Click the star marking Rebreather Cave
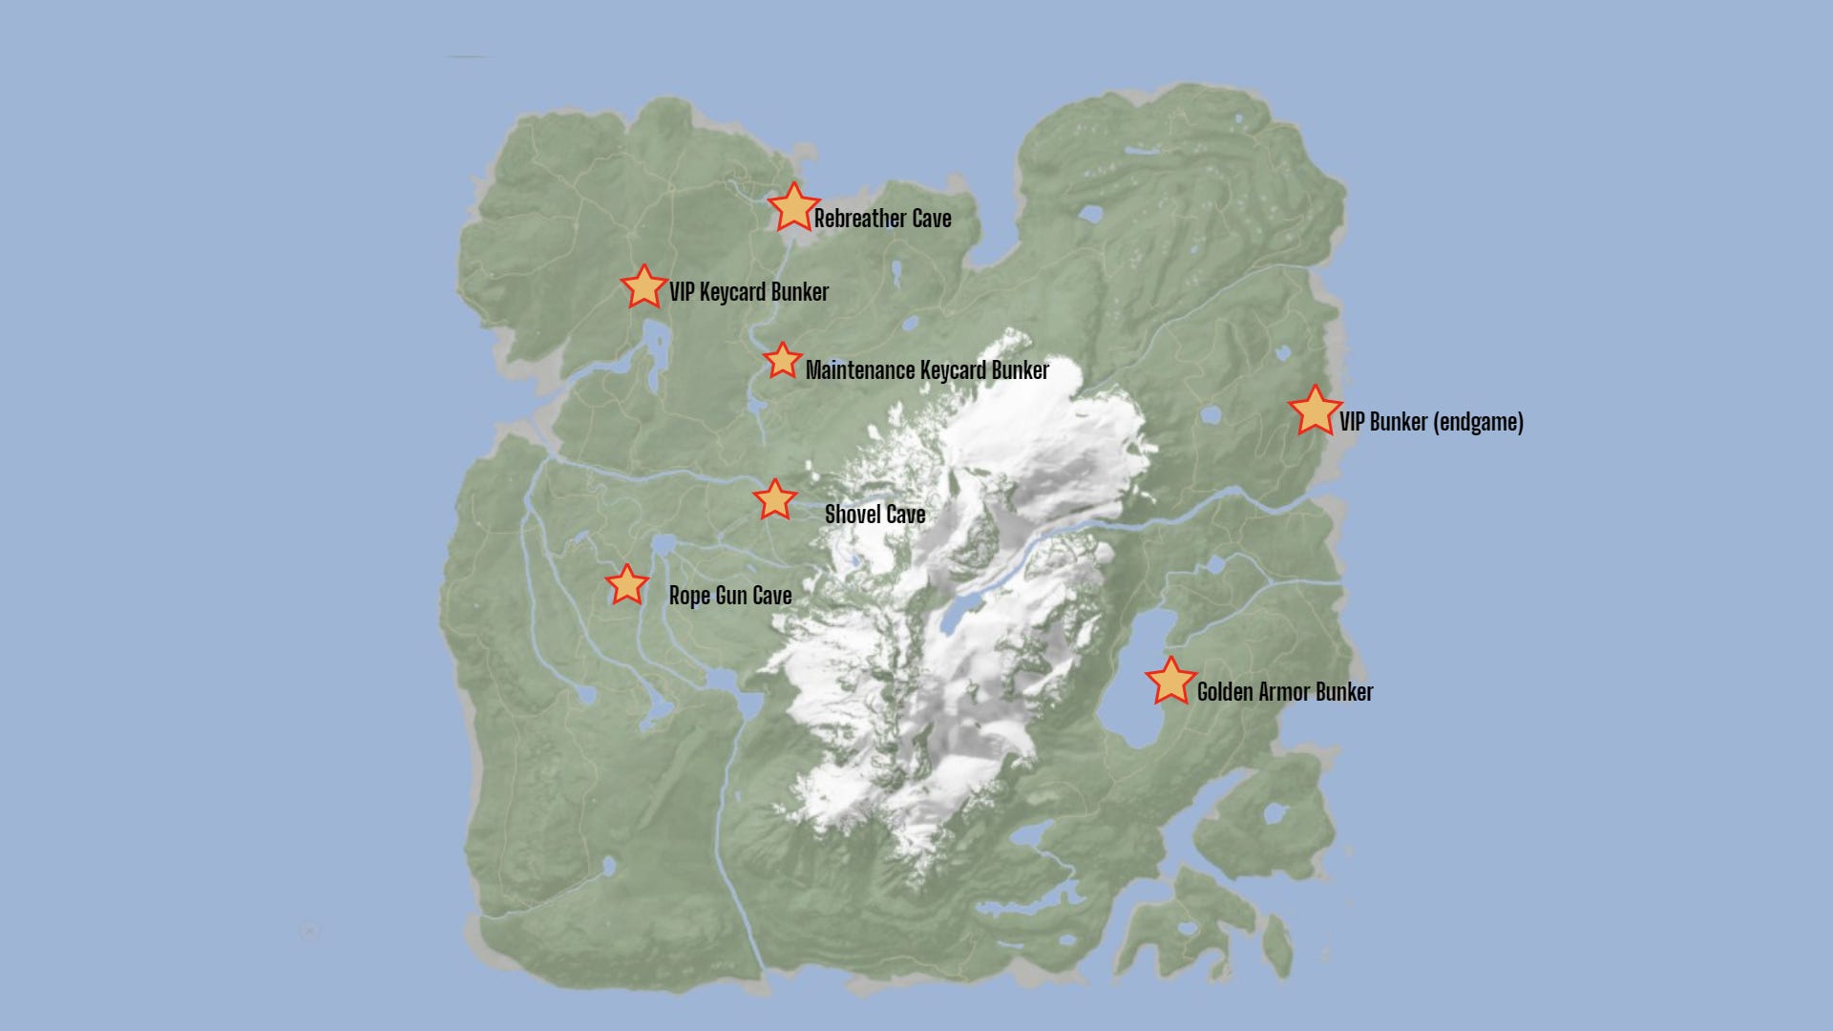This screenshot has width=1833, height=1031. pyautogui.click(x=792, y=208)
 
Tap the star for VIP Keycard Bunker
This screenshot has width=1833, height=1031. pyautogui.click(x=643, y=287)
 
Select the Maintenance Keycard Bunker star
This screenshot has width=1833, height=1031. pyautogui.click(x=782, y=361)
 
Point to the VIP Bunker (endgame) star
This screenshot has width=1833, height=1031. pyautogui.click(x=1315, y=411)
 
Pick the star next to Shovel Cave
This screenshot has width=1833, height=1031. pyautogui.click(x=774, y=499)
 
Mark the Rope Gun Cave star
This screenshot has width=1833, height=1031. pyautogui.click(x=626, y=585)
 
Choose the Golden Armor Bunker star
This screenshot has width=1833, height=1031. pyautogui.click(x=1170, y=682)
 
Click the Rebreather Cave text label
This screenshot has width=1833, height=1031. pyautogui.click(x=882, y=219)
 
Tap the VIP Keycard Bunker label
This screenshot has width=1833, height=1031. pyautogui.click(x=748, y=292)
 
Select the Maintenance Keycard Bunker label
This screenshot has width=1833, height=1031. pyautogui.click(x=927, y=370)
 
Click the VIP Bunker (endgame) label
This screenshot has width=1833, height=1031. pyautogui.click(x=1431, y=422)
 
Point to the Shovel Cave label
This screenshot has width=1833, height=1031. pyautogui.click(x=874, y=515)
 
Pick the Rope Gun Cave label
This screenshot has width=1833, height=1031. pyautogui.click(x=730, y=596)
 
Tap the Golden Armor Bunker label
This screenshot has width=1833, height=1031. pyautogui.click(x=1284, y=692)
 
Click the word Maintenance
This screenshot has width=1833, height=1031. pyautogui.click(x=860, y=370)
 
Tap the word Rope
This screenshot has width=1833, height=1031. pyautogui.click(x=689, y=597)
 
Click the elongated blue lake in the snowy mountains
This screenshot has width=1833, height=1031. pyautogui.click(x=962, y=611)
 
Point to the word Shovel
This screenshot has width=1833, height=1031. pyautogui.click(x=853, y=515)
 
